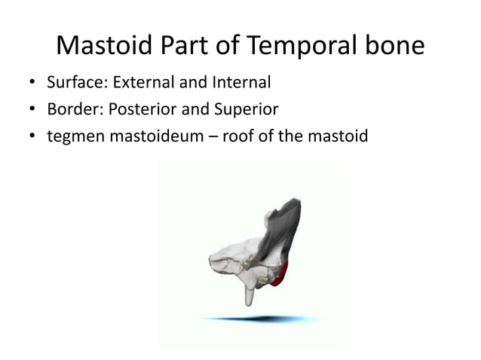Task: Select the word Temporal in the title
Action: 297,47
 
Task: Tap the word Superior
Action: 246,109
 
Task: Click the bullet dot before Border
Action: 32,110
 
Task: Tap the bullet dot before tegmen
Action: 32,137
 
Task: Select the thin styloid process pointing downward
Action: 249,293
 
